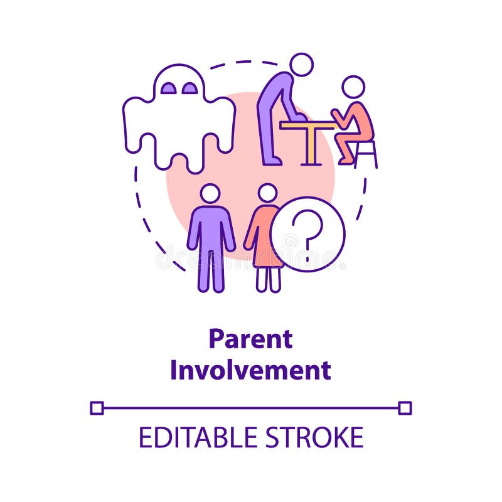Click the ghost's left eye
point(168,88)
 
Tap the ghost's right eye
point(189,88)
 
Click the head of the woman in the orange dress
point(267,193)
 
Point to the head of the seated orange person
point(353,87)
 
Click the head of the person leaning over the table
point(302,64)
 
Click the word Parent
point(250,339)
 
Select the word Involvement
point(250,370)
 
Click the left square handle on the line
point(97,408)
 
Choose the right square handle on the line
point(405,408)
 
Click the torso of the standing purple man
point(211,226)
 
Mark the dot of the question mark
point(307,257)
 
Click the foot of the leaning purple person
point(272,161)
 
